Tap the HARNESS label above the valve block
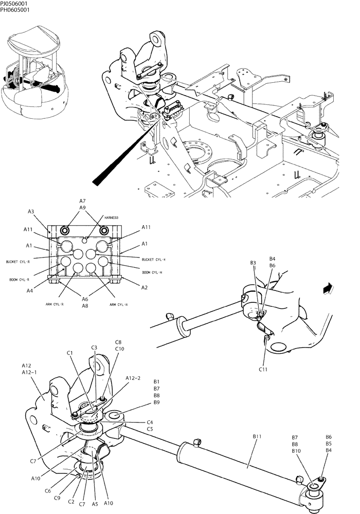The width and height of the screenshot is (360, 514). pos(111,218)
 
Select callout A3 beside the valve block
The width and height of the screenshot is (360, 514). pos(31,211)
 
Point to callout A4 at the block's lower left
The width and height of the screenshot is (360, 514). pos(31,291)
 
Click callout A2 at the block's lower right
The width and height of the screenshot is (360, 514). pos(145,288)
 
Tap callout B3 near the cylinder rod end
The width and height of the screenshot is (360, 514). pos(253,263)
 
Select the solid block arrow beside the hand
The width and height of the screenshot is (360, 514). pos(326,289)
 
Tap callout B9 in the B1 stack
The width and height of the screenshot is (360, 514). pos(157,402)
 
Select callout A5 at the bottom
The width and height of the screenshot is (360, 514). pos(95,505)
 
